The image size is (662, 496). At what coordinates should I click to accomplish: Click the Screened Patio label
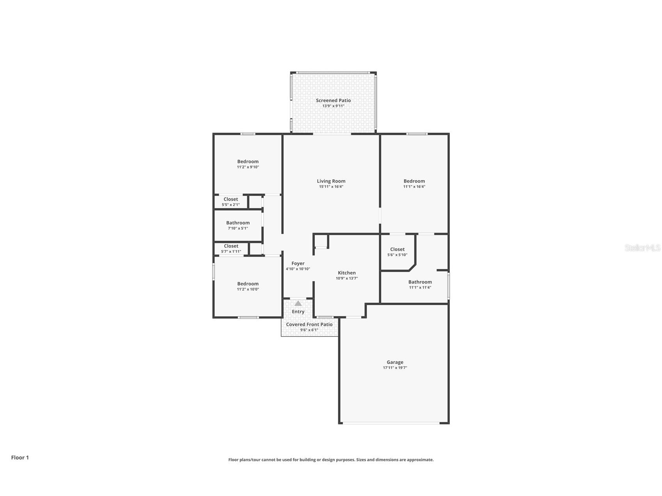[333, 100]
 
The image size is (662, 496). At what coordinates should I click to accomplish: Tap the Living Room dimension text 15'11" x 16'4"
[331, 187]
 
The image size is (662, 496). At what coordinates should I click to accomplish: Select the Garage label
[395, 362]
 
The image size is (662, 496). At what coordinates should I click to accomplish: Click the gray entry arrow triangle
[298, 303]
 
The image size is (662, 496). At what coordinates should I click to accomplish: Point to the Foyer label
[298, 264]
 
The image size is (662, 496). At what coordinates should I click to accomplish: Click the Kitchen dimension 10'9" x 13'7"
[346, 278]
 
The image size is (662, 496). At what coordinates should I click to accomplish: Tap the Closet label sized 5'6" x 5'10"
[397, 249]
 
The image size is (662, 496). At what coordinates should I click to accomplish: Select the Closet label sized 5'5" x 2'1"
[231, 199]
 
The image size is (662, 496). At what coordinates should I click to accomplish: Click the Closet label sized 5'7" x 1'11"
[231, 246]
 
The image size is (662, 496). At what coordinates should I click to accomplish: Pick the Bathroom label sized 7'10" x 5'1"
[238, 223]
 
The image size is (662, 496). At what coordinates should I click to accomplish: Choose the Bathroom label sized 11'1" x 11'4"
[420, 282]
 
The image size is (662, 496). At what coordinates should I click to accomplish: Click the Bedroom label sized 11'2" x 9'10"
[248, 161]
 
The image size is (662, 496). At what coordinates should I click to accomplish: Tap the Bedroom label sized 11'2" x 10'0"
[248, 284]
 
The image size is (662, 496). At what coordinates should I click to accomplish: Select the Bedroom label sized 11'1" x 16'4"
[414, 181]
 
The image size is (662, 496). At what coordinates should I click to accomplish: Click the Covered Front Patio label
[309, 324]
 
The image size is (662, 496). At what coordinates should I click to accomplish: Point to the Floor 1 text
[20, 457]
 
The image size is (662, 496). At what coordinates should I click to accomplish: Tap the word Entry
[298, 312]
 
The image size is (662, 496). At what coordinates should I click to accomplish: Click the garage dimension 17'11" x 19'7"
[395, 368]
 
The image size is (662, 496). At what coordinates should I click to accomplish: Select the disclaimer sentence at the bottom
[331, 460]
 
